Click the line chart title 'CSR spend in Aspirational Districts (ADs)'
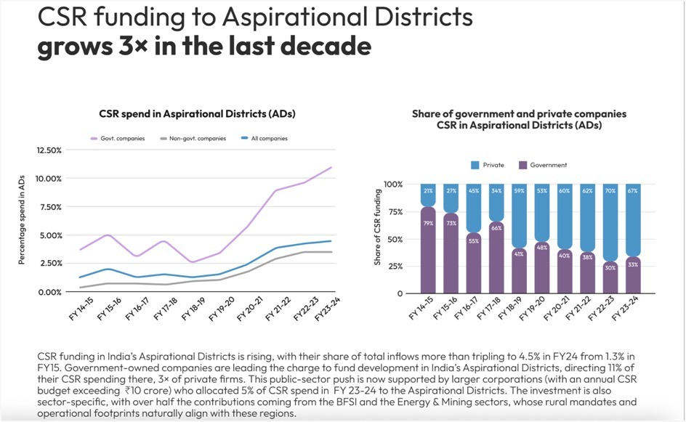[x=197, y=114]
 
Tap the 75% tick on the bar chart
[x=394, y=212]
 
